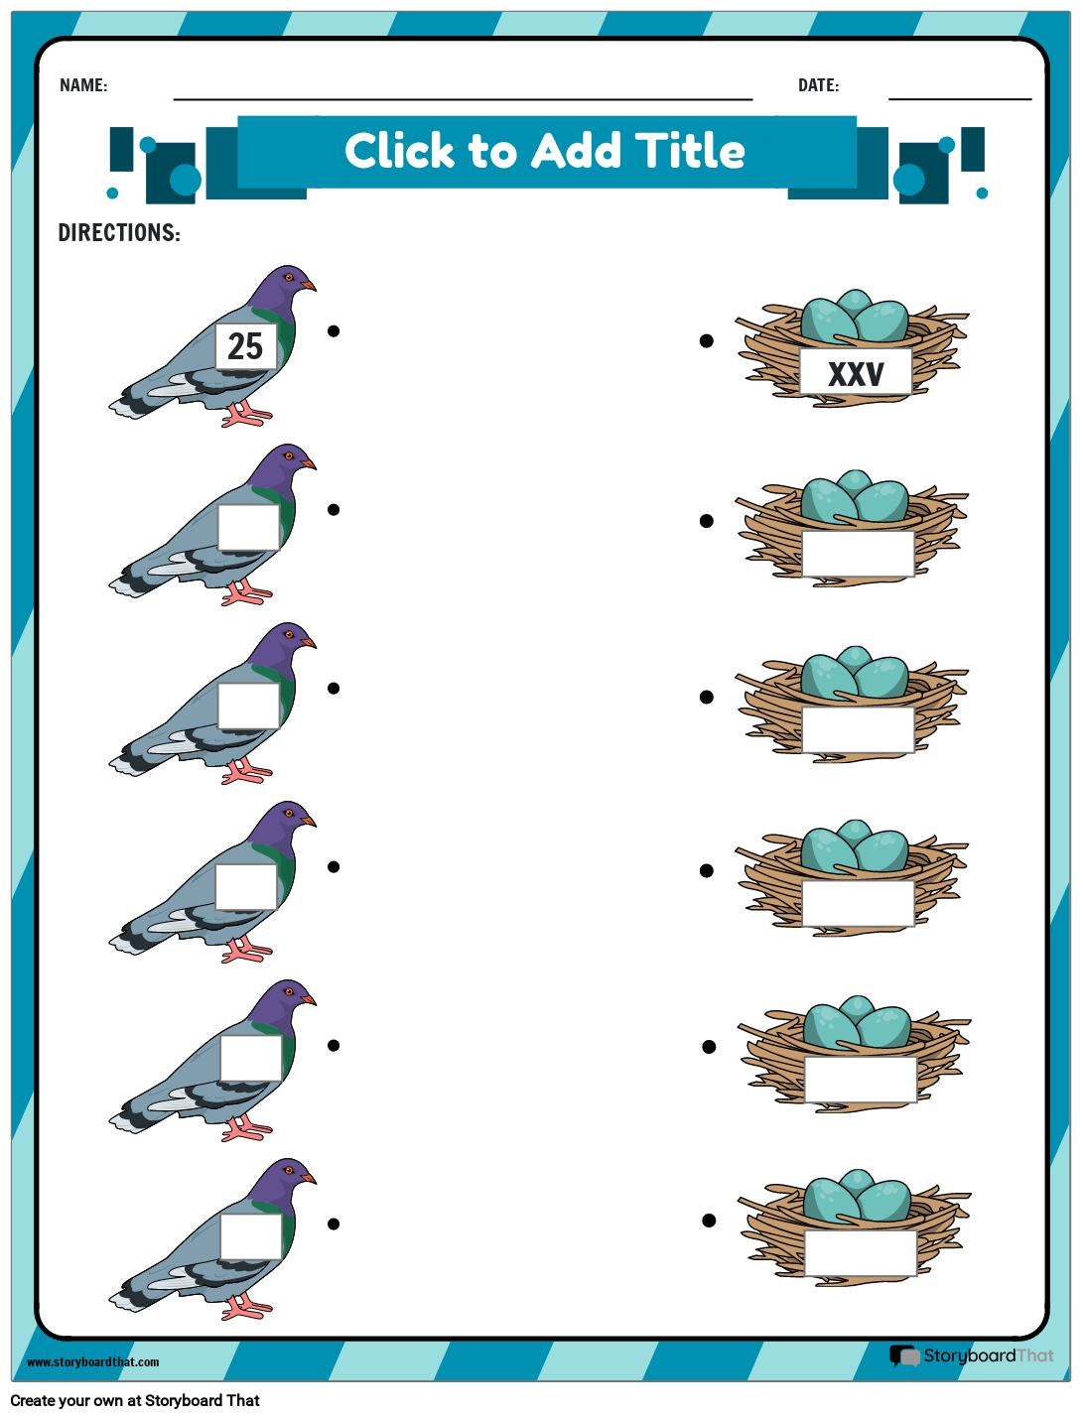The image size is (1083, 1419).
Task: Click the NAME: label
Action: click(x=83, y=85)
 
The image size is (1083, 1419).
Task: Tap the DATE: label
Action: click(x=818, y=85)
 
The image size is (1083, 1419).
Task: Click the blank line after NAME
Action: click(x=463, y=97)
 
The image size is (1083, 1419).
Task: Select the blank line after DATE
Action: click(x=959, y=97)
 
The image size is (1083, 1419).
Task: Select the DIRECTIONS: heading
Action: click(x=119, y=233)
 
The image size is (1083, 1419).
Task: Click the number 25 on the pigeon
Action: click(x=245, y=346)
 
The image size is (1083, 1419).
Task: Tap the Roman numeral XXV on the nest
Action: click(x=856, y=374)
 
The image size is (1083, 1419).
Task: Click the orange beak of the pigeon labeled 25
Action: click(x=310, y=286)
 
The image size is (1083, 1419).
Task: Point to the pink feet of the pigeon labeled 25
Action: click(x=243, y=415)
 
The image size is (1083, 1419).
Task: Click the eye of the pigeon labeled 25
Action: click(x=289, y=277)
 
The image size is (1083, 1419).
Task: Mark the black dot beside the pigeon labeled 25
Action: click(x=334, y=330)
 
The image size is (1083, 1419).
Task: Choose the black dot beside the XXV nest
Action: click(x=707, y=340)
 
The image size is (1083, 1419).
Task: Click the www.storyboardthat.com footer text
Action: click(x=92, y=1362)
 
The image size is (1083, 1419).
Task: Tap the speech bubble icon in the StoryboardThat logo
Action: click(x=904, y=1355)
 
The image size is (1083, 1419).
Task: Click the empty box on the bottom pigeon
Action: click(x=251, y=1236)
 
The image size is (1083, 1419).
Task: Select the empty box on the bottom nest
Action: click(x=860, y=1253)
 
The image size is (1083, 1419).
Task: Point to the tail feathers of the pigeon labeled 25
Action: click(x=129, y=404)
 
